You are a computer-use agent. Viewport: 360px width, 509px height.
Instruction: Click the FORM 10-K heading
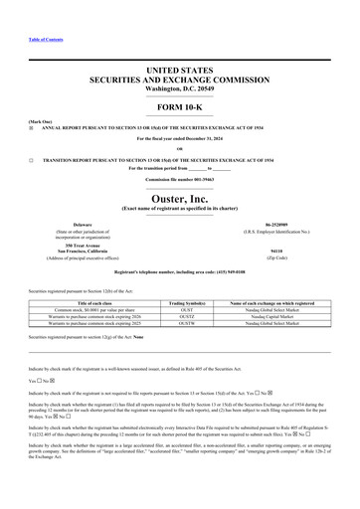coord(179,105)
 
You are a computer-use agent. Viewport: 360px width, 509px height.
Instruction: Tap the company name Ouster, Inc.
coord(179,198)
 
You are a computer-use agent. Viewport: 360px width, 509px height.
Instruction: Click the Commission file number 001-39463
coord(203,179)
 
